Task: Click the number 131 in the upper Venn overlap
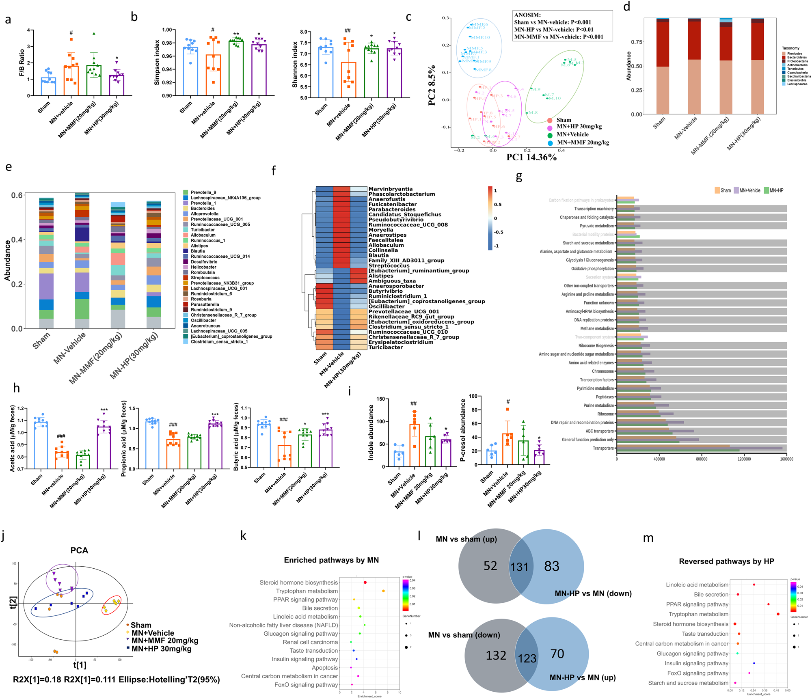point(519,567)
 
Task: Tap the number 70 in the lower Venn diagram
point(557,654)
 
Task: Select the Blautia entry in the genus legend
point(198,251)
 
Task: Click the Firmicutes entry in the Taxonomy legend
point(794,54)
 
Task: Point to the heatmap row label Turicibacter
point(385,347)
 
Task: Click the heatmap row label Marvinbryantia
point(390,189)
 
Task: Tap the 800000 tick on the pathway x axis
point(702,459)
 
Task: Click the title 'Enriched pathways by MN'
point(331,560)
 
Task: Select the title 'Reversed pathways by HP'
point(726,561)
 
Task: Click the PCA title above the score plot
point(79,550)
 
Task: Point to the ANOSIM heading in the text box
point(527,15)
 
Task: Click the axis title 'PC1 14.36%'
point(531,157)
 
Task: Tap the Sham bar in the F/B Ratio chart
point(48,86)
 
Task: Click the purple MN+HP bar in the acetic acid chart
point(104,447)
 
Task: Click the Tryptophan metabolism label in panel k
point(307,591)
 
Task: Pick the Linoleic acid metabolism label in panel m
point(697,585)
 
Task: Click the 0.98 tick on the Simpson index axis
point(167,43)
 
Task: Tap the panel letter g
point(519,177)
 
